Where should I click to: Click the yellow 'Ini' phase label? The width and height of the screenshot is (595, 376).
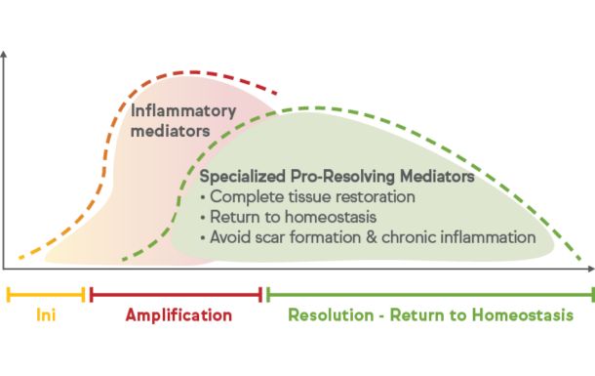(x=46, y=315)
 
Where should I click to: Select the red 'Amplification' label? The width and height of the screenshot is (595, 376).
(x=178, y=315)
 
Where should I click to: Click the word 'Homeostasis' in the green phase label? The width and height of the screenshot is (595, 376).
(x=523, y=315)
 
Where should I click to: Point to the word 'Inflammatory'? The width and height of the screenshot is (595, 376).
(x=183, y=109)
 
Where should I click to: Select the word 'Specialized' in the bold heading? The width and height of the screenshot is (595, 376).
(x=239, y=178)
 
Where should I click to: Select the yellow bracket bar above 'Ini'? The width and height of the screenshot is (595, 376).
(x=46, y=293)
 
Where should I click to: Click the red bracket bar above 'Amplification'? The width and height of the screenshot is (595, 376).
(x=176, y=293)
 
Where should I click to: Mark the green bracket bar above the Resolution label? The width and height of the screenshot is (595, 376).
(x=429, y=293)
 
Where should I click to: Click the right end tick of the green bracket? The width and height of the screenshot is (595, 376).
(x=591, y=293)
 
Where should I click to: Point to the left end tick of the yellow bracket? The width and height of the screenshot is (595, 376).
(x=8, y=293)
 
